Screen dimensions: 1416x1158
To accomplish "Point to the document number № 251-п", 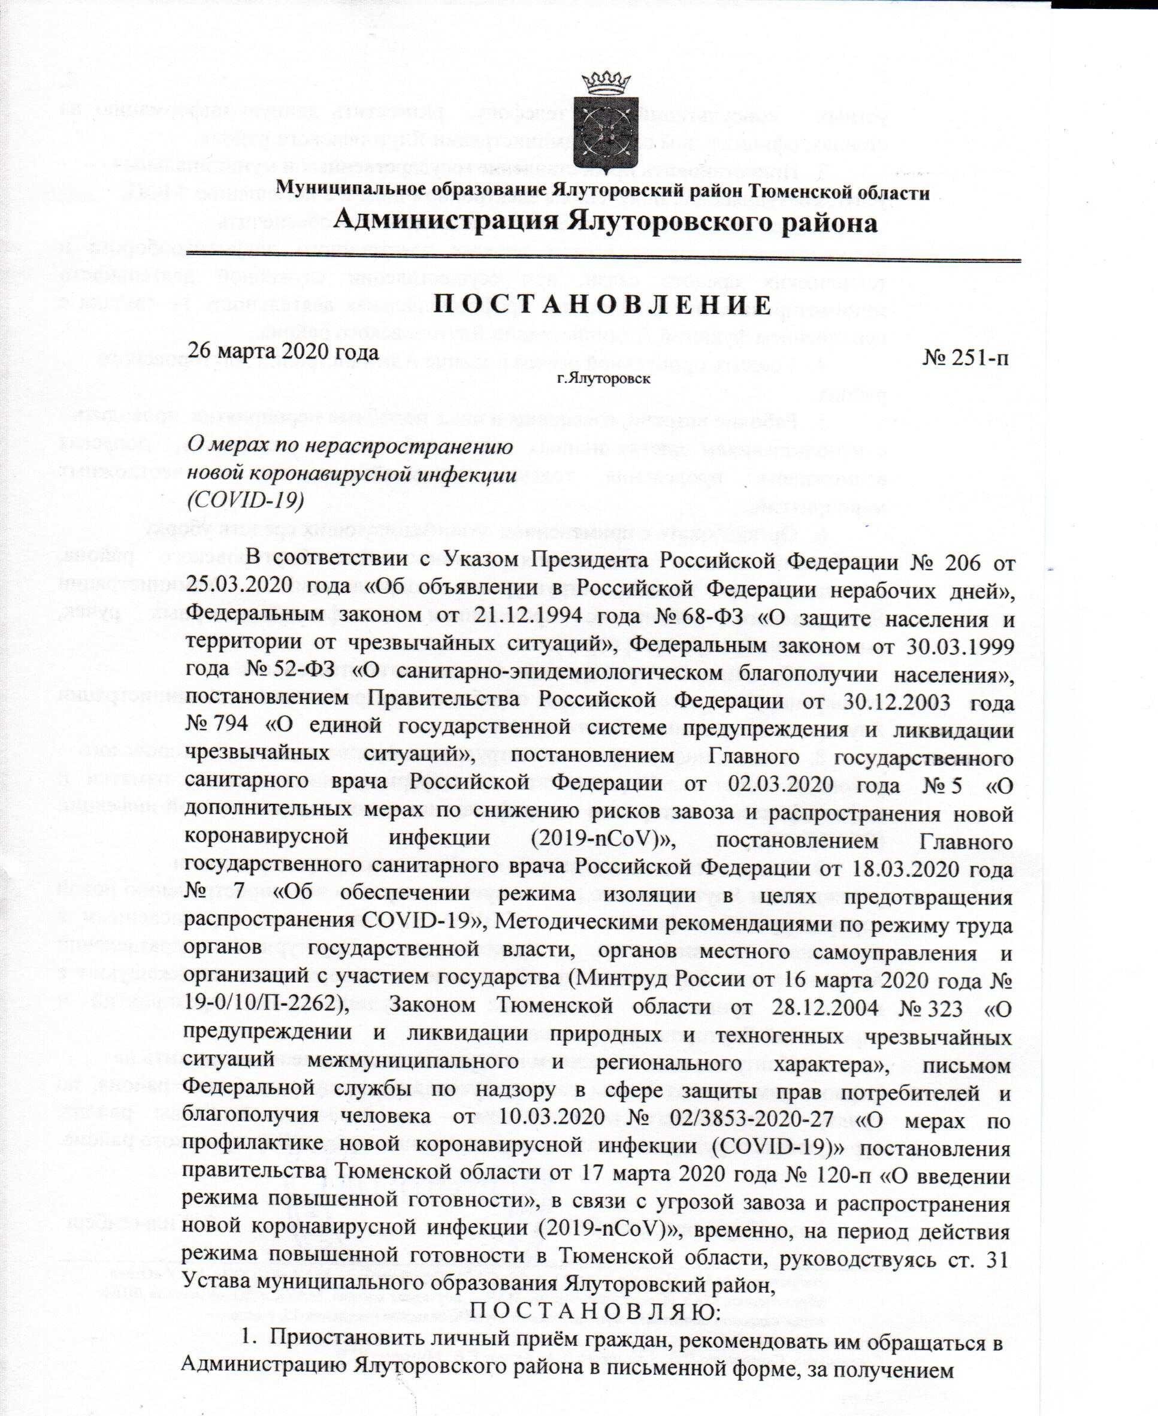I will (x=965, y=358).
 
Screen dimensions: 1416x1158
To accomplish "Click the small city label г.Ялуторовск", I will (x=604, y=379).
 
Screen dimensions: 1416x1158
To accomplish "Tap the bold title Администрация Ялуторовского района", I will (x=604, y=222).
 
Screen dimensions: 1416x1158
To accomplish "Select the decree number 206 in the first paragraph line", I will (x=963, y=562).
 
